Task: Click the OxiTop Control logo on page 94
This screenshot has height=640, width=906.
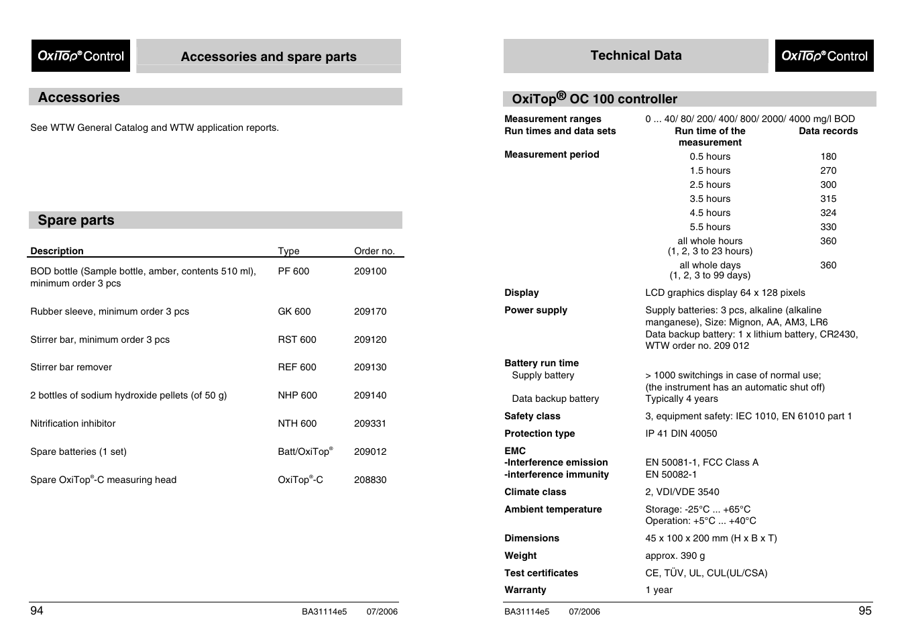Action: [x=80, y=56]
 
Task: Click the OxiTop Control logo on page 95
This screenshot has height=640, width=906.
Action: [x=824, y=56]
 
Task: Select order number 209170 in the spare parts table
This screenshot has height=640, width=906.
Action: [x=370, y=311]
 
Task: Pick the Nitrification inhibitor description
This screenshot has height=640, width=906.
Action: [x=73, y=423]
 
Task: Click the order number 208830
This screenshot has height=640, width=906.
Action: [x=370, y=480]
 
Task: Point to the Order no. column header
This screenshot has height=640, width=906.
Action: [x=374, y=251]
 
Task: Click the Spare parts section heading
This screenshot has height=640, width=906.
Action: [x=76, y=220]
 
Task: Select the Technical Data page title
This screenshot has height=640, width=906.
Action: [x=636, y=56]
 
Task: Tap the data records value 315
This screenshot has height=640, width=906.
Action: [x=828, y=199]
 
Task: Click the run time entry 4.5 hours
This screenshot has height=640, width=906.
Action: [x=710, y=213]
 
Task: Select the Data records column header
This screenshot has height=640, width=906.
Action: [x=828, y=131]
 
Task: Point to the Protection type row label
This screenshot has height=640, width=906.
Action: [x=539, y=433]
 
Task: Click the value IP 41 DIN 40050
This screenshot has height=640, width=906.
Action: [x=681, y=433]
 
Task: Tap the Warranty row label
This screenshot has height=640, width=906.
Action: [x=525, y=590]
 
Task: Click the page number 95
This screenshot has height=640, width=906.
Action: [x=864, y=610]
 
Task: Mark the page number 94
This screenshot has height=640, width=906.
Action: [x=37, y=610]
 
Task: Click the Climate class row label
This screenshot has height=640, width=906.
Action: [x=535, y=492]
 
